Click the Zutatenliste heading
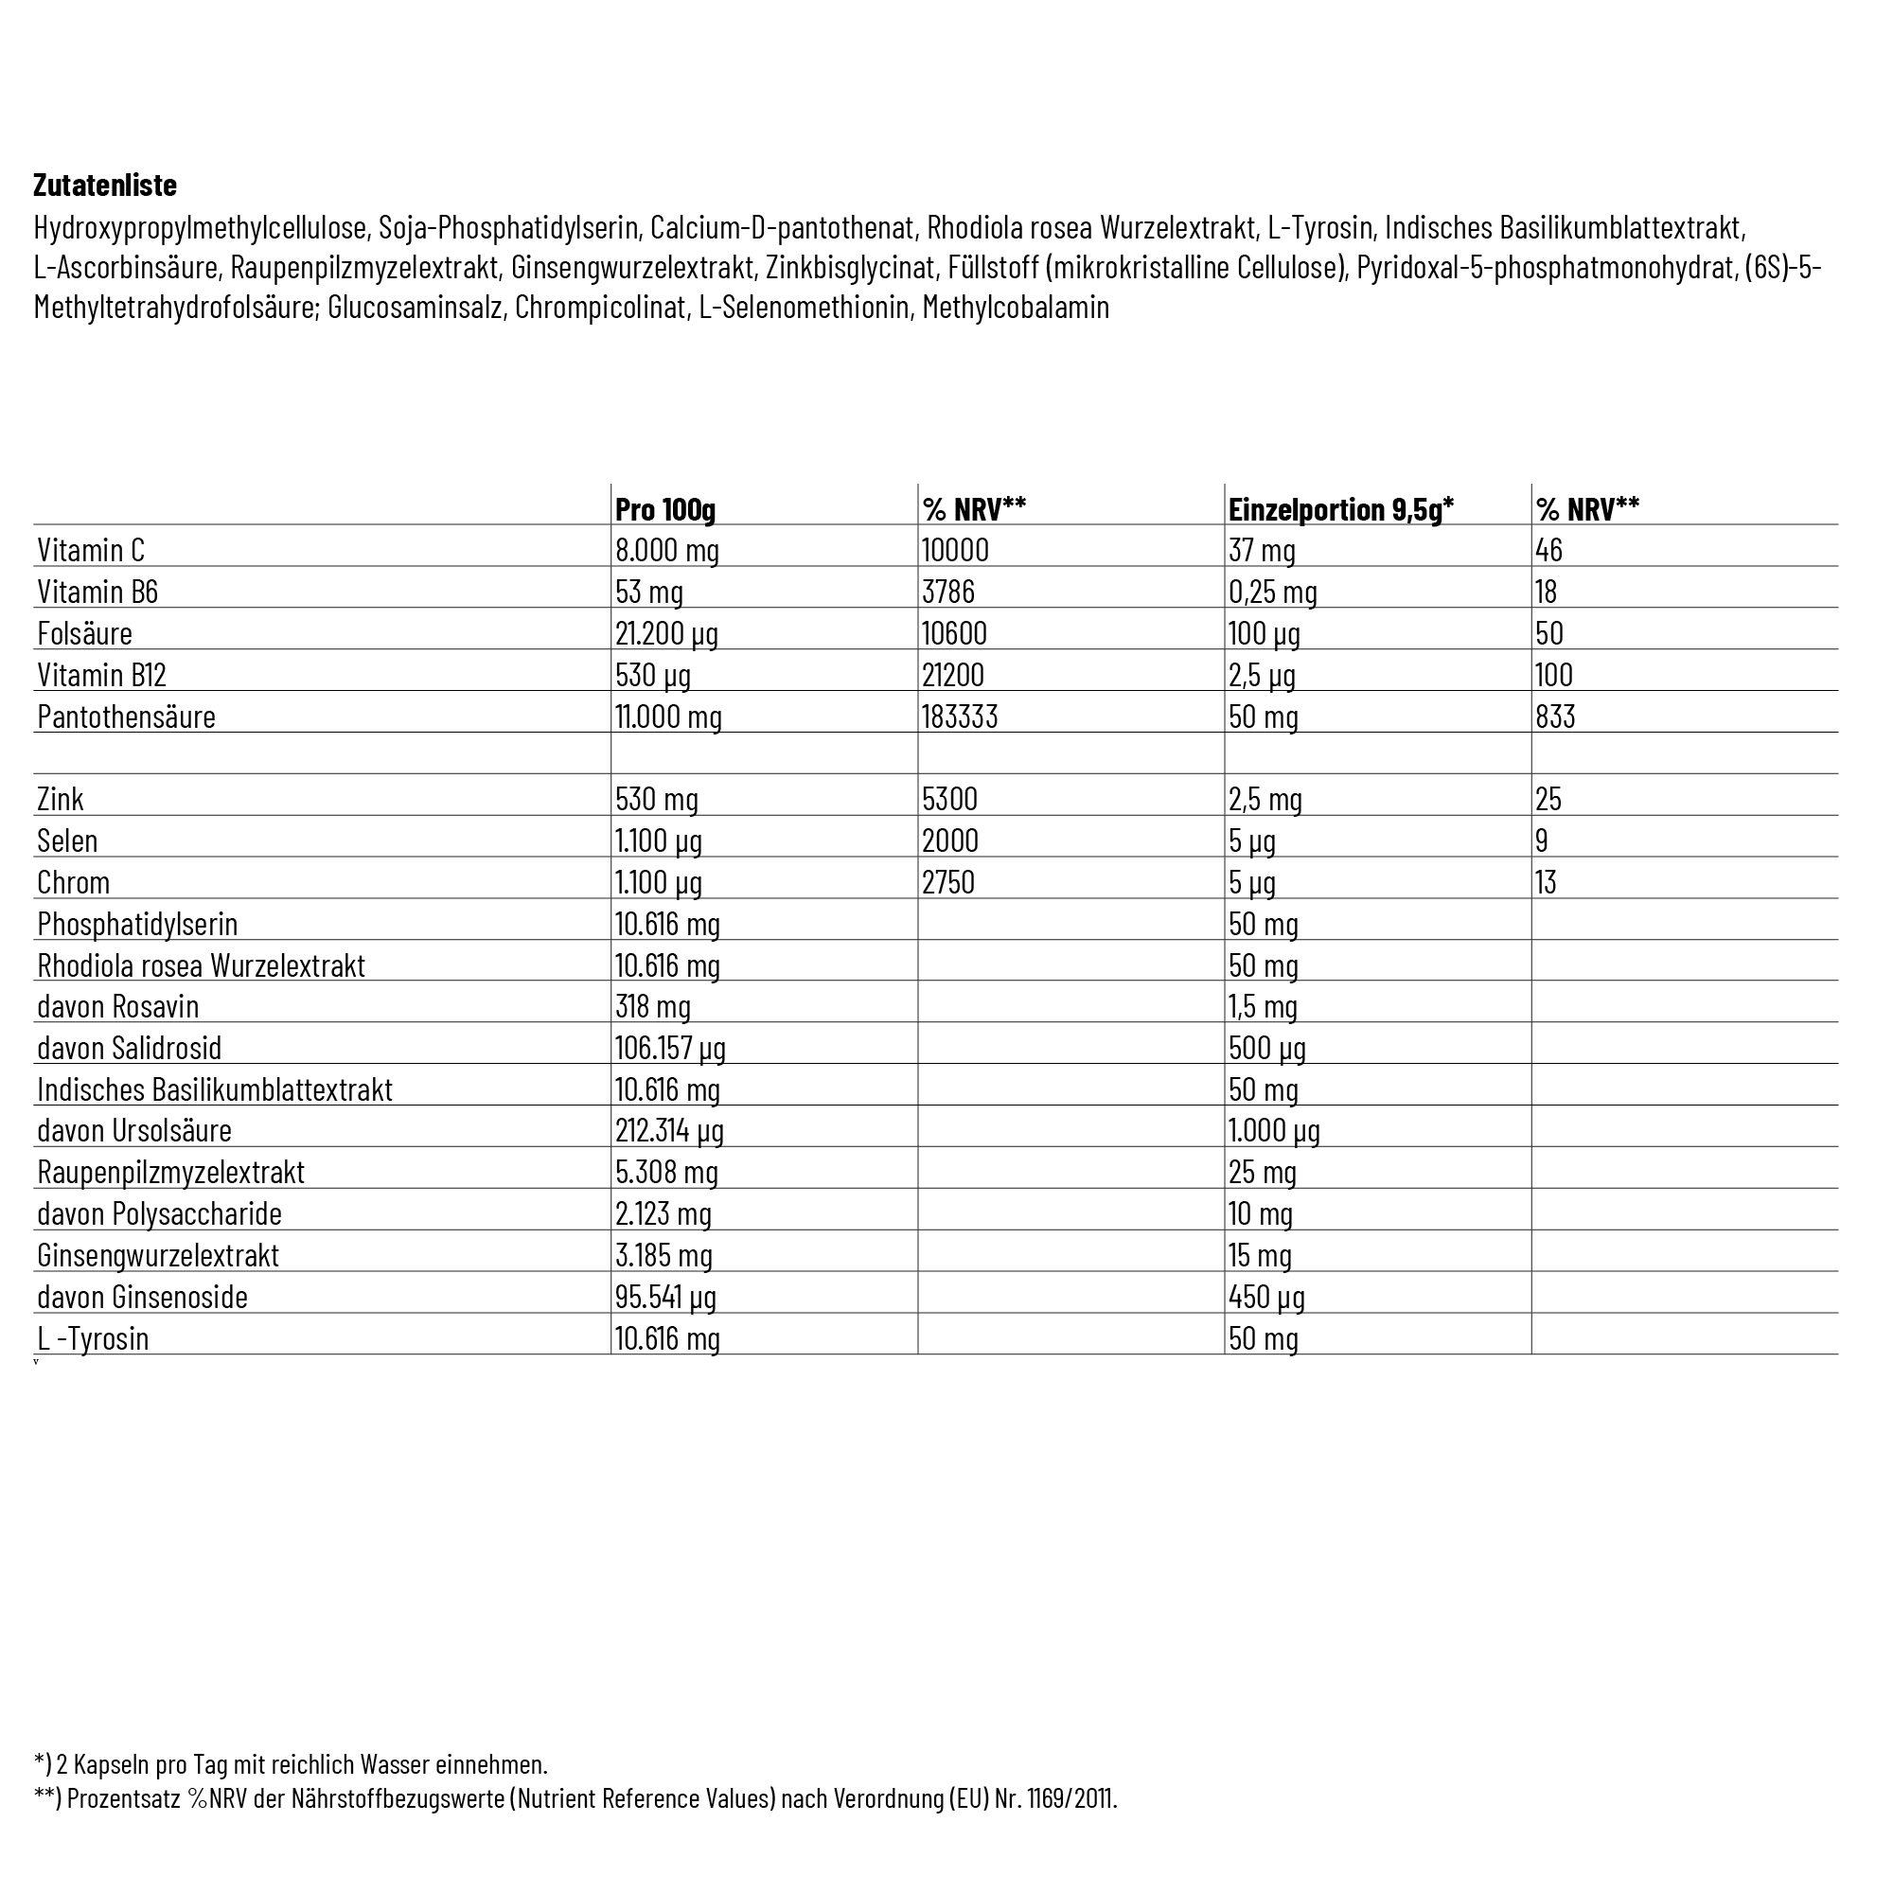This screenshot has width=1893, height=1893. [105, 186]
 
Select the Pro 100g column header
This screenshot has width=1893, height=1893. [665, 508]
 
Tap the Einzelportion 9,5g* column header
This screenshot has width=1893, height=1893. [1340, 508]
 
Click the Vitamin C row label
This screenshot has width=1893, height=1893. [91, 550]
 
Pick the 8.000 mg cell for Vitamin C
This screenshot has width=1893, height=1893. [667, 550]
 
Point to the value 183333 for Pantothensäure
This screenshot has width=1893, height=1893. [959, 717]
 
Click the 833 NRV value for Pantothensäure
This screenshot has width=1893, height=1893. [1555, 717]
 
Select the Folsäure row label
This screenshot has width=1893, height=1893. [84, 633]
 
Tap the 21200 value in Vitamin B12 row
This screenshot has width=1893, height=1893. [952, 674]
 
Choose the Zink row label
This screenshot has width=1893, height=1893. [60, 799]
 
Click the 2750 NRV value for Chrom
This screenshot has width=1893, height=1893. [947, 882]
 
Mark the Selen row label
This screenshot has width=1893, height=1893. [66, 840]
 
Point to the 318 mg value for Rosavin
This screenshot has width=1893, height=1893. [652, 1006]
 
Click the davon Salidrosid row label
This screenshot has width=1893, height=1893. [130, 1048]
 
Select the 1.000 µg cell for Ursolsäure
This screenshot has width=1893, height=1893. [1274, 1131]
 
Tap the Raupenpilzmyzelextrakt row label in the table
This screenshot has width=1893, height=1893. [170, 1172]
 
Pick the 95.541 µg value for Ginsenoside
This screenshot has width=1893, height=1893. [665, 1297]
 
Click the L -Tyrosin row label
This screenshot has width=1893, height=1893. [93, 1338]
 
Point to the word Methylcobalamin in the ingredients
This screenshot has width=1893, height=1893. [1015, 307]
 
